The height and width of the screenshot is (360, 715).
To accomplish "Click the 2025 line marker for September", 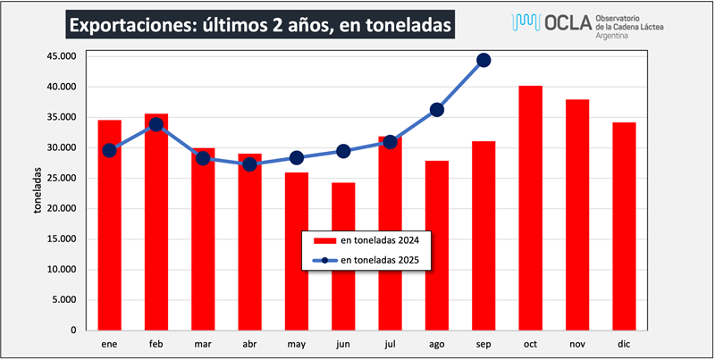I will [x=484, y=60].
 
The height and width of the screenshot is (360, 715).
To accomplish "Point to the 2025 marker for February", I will [x=156, y=124].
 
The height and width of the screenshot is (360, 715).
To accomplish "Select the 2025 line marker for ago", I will [x=437, y=110].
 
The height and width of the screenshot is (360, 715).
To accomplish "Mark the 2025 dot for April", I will [x=249, y=164].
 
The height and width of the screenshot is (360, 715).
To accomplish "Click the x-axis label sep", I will [x=484, y=342].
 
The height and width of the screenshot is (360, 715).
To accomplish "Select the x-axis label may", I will [x=297, y=342].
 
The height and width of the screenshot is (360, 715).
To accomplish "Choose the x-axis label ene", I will [x=110, y=342].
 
